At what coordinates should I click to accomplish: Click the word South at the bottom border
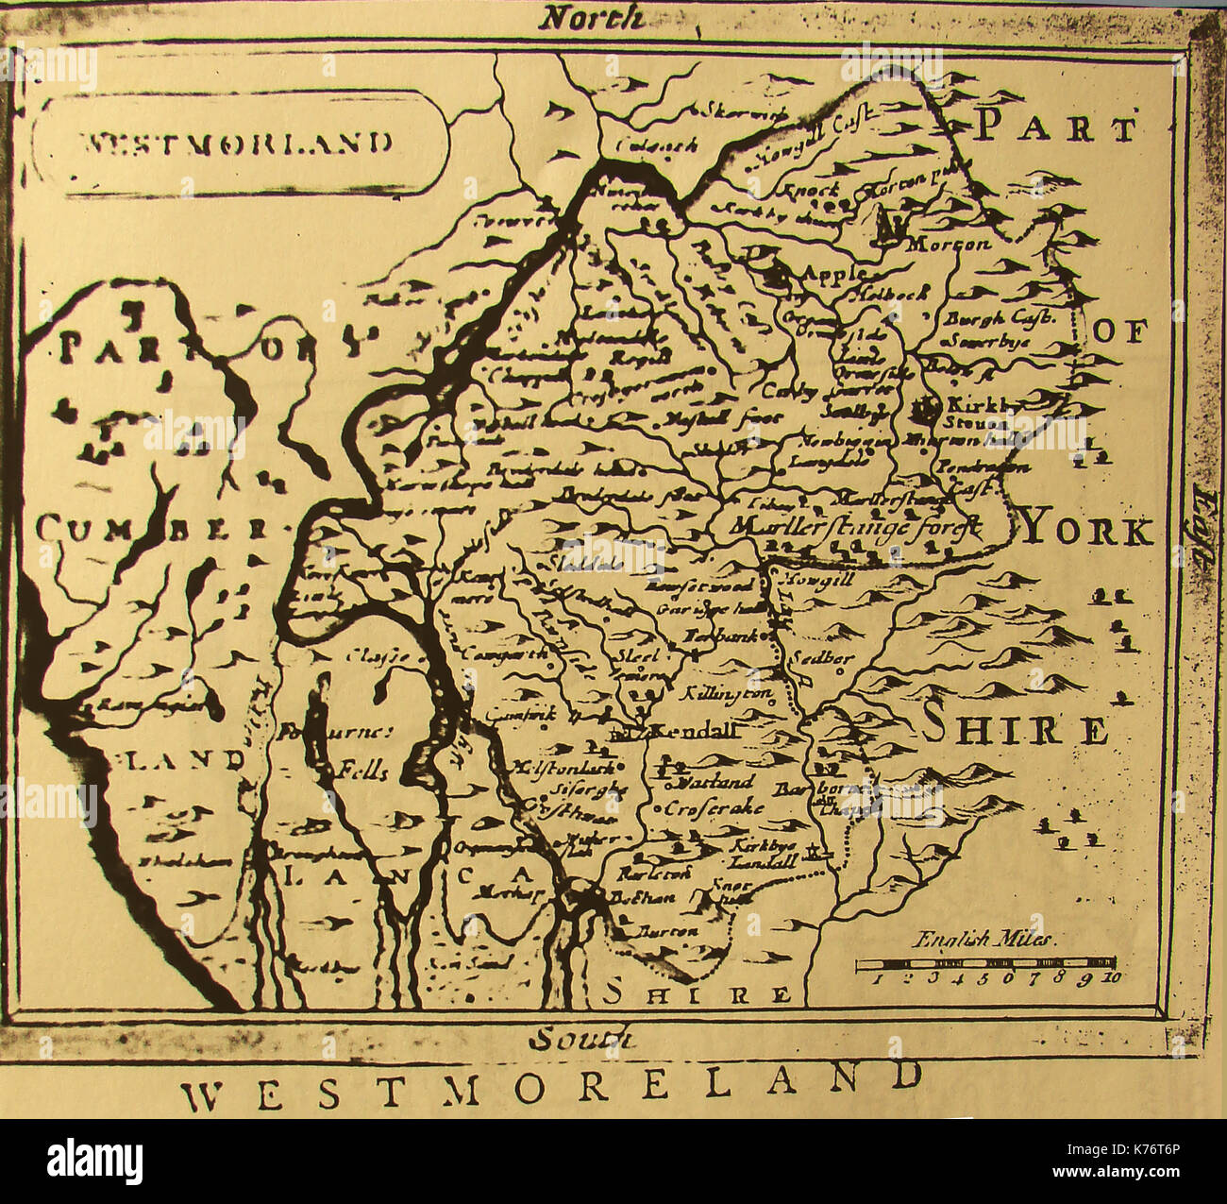click(580, 1038)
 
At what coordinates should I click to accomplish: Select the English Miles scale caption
click(986, 940)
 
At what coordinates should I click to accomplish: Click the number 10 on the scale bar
click(1110, 978)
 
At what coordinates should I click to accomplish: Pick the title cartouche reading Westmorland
click(238, 144)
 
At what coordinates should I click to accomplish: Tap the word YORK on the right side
click(1087, 533)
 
